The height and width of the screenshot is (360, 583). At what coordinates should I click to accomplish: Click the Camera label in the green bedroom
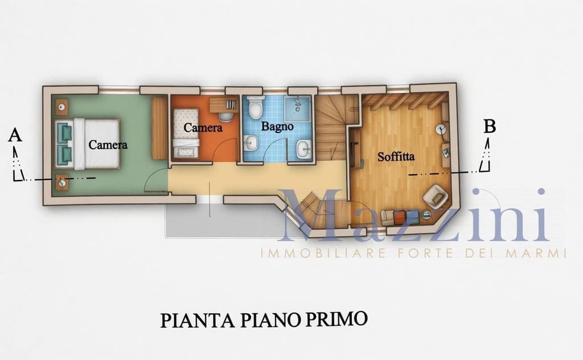[108, 145]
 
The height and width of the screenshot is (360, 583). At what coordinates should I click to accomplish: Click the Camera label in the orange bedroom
[203, 128]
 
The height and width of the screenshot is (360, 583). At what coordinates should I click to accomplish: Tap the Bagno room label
[277, 126]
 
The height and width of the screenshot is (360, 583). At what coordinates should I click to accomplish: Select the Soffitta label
[396, 156]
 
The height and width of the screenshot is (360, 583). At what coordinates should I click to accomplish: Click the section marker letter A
[15, 135]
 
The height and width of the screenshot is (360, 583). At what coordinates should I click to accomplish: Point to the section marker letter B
[489, 126]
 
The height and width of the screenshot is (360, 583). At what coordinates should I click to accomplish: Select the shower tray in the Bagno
[299, 107]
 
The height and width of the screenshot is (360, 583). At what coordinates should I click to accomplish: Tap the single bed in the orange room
[185, 132]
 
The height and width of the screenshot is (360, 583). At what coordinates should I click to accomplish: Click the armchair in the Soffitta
[436, 196]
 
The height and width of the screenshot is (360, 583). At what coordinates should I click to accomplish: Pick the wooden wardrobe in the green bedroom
[159, 128]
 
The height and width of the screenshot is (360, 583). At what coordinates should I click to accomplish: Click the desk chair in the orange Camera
[227, 116]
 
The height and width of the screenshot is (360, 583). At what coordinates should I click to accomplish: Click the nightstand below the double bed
[61, 182]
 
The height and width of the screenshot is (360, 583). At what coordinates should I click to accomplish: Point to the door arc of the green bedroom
[155, 181]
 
